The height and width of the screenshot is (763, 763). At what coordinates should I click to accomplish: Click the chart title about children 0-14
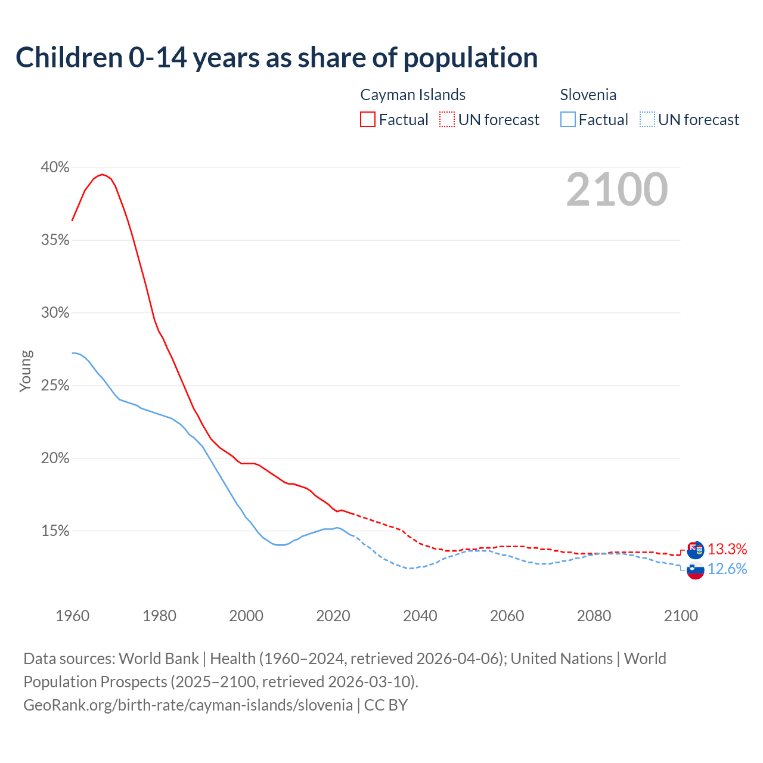pos(277,57)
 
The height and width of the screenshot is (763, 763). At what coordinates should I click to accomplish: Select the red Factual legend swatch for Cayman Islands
pos(368,119)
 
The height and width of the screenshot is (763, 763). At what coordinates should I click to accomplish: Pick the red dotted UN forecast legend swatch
pos(447,119)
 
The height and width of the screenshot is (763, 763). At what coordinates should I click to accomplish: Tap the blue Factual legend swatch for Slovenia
pos(567,119)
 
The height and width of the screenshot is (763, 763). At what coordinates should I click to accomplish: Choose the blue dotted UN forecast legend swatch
pos(647,119)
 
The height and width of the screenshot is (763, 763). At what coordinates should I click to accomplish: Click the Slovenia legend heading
pos(588,95)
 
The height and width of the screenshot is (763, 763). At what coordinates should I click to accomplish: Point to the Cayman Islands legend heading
pos(412,95)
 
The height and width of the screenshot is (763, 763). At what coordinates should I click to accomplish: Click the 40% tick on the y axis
pos(55,168)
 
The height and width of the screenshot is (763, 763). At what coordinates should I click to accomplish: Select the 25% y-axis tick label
pos(55,386)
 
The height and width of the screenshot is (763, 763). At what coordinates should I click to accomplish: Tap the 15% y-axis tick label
pos(55,531)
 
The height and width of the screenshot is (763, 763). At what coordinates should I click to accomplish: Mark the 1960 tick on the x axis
pos(72,616)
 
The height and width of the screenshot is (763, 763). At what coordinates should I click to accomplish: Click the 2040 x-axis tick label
pos(420,616)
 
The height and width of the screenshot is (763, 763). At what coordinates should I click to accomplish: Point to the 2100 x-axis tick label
pos(680,616)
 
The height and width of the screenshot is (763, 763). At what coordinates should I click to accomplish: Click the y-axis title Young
pos(26,371)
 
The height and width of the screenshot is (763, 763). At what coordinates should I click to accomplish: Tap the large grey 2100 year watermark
pos(616,190)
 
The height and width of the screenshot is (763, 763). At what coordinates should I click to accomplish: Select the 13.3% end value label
pos(727,549)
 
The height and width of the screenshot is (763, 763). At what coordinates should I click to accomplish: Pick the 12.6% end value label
pos(727,569)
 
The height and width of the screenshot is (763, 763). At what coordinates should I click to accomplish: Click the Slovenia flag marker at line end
pos(695,570)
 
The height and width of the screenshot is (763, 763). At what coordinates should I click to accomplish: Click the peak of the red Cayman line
pos(103,174)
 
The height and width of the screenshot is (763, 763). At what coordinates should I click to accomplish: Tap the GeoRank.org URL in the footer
pos(188,705)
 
